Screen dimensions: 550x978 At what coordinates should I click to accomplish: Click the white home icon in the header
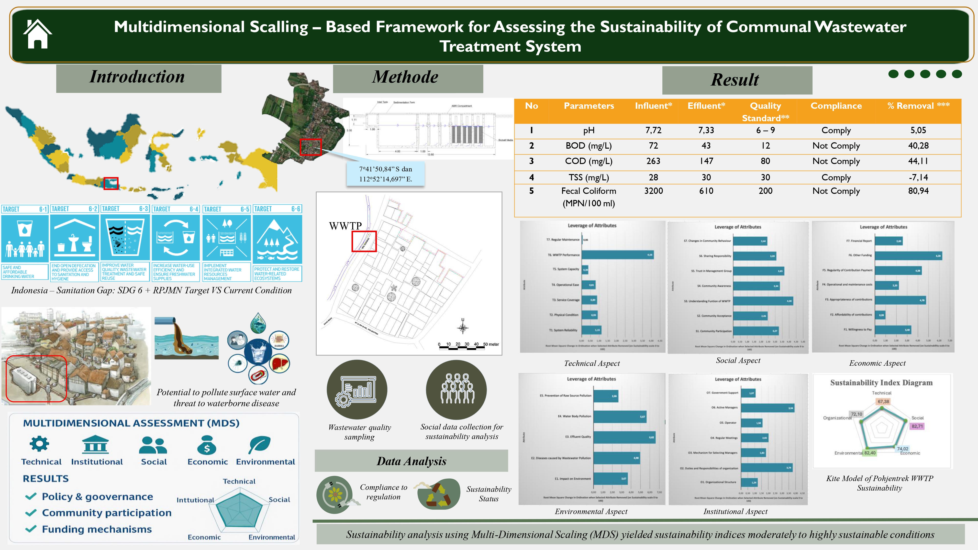[37, 34]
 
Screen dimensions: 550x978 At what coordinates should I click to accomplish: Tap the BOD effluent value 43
[706, 146]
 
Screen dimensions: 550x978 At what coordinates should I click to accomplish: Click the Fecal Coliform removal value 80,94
[918, 191]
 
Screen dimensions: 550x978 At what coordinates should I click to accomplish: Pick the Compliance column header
[836, 106]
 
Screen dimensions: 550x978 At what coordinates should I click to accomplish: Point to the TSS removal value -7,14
[918, 177]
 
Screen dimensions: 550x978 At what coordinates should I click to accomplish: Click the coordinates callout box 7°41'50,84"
[385, 174]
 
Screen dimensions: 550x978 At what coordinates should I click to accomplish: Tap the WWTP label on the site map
[345, 226]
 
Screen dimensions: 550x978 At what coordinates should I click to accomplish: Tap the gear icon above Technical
[39, 443]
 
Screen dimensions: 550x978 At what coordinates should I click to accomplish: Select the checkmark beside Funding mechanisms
[31, 529]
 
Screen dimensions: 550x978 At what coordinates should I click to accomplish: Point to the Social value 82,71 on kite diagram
[917, 426]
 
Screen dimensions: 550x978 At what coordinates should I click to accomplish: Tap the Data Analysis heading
[411, 461]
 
